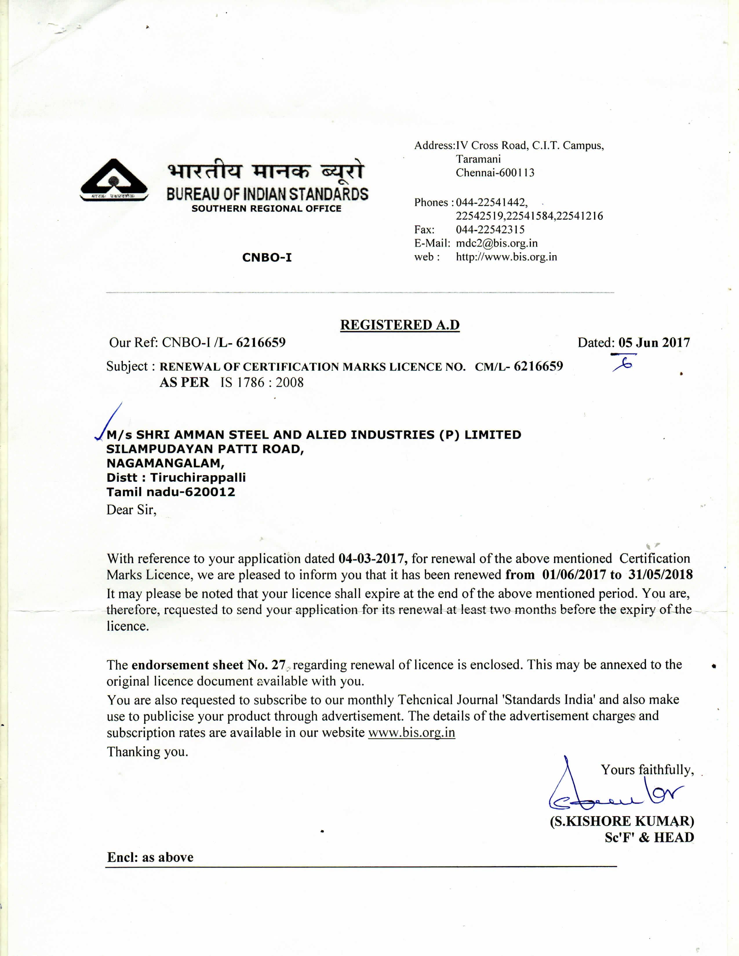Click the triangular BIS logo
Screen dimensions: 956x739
click(x=114, y=180)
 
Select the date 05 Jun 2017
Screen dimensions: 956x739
click(x=654, y=342)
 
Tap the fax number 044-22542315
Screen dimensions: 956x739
click(x=490, y=229)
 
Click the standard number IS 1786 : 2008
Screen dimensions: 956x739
click(x=262, y=383)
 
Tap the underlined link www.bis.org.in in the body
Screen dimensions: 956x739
click(x=412, y=732)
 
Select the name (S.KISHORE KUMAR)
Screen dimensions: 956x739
click(x=622, y=821)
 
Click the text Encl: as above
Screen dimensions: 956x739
click(x=150, y=857)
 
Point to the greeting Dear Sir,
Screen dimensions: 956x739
click(x=131, y=510)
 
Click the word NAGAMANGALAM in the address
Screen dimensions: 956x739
click(x=165, y=463)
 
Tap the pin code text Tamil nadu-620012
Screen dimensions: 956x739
click(x=171, y=492)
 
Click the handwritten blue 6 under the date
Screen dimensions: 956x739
click(x=625, y=364)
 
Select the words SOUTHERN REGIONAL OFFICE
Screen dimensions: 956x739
click(x=266, y=209)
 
